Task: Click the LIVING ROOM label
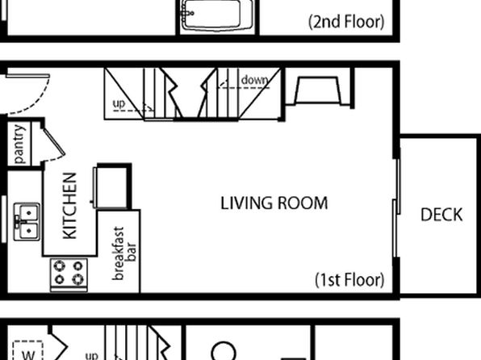pyautogui.click(x=274, y=203)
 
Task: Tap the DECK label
pyautogui.click(x=441, y=215)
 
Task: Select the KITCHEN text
pyautogui.click(x=70, y=206)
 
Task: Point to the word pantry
pyautogui.click(x=19, y=144)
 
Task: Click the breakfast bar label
pyautogui.click(x=124, y=253)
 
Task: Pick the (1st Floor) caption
pyautogui.click(x=349, y=280)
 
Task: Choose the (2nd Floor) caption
pyautogui.click(x=346, y=22)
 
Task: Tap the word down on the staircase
pyautogui.click(x=254, y=80)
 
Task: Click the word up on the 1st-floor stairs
pyautogui.click(x=119, y=104)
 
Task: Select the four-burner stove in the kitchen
pyautogui.click(x=69, y=275)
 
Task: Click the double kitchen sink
pyautogui.click(x=27, y=221)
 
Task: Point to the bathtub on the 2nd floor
pyautogui.click(x=217, y=15)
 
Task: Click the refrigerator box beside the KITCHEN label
pyautogui.click(x=111, y=186)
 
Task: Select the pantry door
pyautogui.click(x=54, y=141)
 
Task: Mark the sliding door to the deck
pyautogui.click(x=396, y=207)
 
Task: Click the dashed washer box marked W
pyautogui.click(x=27, y=350)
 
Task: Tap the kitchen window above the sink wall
pyautogui.click(x=4, y=219)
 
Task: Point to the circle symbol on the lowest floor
pyautogui.click(x=224, y=351)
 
